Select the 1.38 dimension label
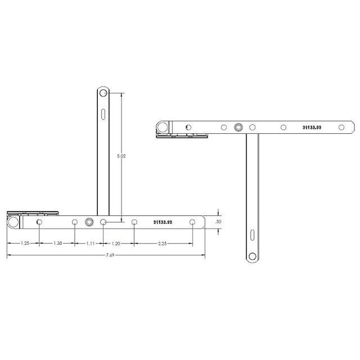click(58, 244)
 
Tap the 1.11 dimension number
click(89, 244)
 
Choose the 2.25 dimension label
click(163, 244)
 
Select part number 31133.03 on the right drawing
click(313, 127)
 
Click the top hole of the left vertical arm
click(103, 94)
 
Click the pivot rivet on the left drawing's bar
click(89, 222)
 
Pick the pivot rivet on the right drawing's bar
click(238, 127)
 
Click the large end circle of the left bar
click(13, 222)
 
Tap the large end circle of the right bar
click(162, 127)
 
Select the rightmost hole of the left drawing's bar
click(192, 222)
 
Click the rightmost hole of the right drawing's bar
click(341, 127)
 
